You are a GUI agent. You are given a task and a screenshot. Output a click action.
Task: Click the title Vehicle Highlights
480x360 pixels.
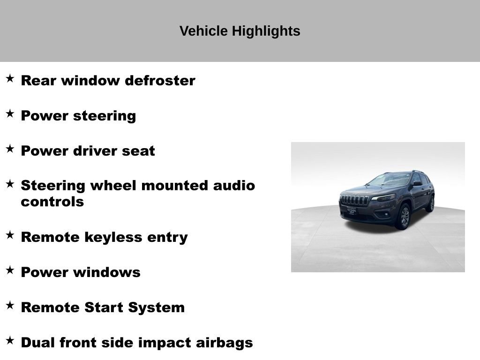(240, 31)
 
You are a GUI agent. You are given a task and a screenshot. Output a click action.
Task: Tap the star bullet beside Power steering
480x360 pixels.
(10, 113)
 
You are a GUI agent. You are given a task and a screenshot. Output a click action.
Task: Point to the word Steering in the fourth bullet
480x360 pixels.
(53, 186)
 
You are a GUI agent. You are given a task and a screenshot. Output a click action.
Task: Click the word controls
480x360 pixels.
(52, 202)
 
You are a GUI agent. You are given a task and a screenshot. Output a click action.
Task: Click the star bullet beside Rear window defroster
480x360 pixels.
(10, 78)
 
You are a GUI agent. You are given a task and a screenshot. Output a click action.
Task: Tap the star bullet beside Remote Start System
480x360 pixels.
(10, 305)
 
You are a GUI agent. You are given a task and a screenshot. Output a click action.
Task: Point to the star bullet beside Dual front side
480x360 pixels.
(10, 340)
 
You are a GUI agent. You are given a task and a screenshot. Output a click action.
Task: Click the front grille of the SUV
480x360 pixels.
(354, 200)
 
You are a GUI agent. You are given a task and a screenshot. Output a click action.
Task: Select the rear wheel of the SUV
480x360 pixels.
(430, 204)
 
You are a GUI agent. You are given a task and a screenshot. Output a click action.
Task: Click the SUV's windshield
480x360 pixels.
(390, 180)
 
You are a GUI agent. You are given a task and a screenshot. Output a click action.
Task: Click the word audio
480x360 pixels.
(234, 186)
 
